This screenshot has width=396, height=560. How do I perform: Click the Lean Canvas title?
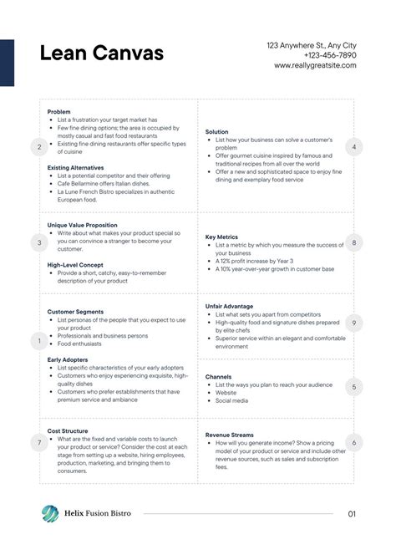click(101, 54)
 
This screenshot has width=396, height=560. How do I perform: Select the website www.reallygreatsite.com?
click(315, 65)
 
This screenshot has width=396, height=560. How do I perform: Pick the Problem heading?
click(59, 111)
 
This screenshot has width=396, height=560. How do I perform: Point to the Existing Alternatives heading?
click(76, 167)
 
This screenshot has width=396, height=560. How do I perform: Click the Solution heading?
click(217, 132)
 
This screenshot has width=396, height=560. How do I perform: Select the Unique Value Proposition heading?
click(83, 225)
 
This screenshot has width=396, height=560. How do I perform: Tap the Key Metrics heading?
click(222, 237)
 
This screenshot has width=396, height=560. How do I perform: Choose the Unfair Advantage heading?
click(229, 306)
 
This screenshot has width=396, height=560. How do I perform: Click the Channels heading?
click(219, 376)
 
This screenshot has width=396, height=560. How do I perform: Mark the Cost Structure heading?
click(68, 430)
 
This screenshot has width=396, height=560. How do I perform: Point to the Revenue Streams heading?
click(230, 435)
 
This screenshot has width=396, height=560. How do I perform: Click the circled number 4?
click(354, 147)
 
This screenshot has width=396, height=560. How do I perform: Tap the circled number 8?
click(354, 243)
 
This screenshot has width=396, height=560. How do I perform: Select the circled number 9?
click(354, 322)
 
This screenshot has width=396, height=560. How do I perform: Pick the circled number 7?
click(38, 443)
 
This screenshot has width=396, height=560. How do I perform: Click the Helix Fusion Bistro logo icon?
click(50, 514)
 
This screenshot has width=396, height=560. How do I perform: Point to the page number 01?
click(352, 514)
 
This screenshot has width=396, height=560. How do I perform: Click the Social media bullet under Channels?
click(231, 400)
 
